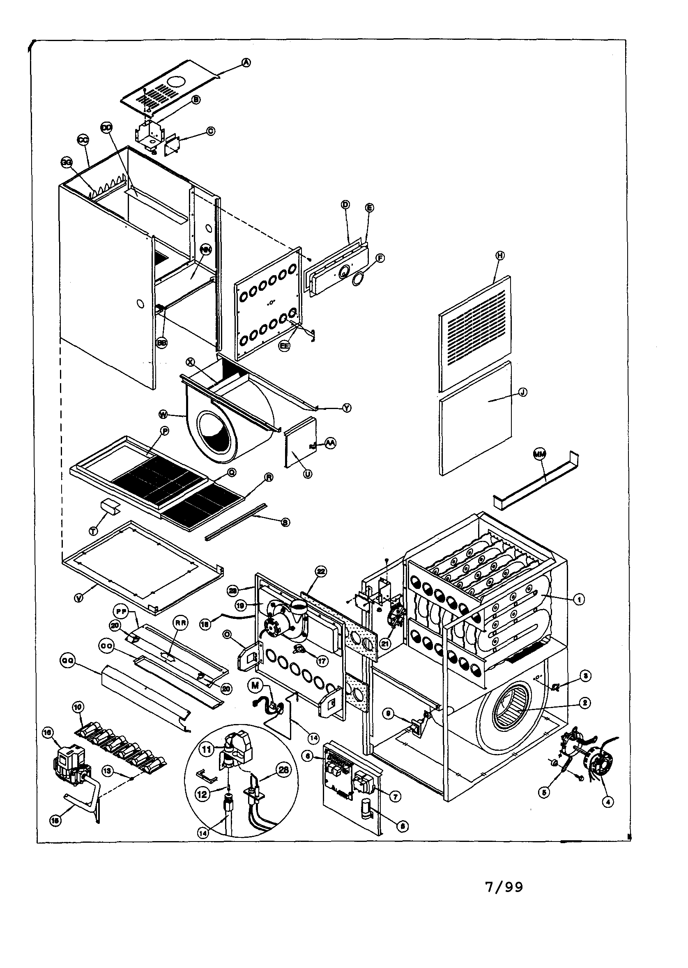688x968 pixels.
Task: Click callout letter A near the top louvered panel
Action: pyautogui.click(x=246, y=63)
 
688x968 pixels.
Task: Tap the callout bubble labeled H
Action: pyautogui.click(x=500, y=255)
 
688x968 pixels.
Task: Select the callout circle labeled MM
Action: pyautogui.click(x=539, y=454)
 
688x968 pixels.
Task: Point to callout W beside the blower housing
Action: pyautogui.click(x=163, y=413)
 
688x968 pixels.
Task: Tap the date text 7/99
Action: pyautogui.click(x=504, y=898)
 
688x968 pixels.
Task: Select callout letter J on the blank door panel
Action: pyautogui.click(x=523, y=392)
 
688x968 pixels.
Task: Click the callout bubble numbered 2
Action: pyautogui.click(x=584, y=703)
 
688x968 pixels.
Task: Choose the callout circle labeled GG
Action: pyautogui.click(x=66, y=164)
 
